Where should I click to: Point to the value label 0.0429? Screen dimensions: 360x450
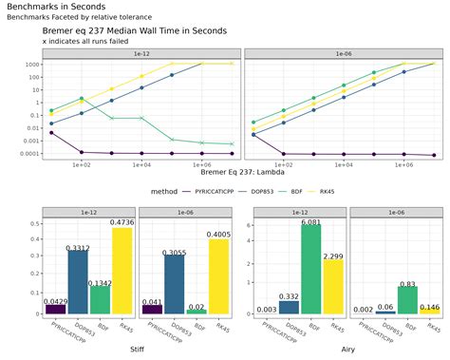coord(56,301)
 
